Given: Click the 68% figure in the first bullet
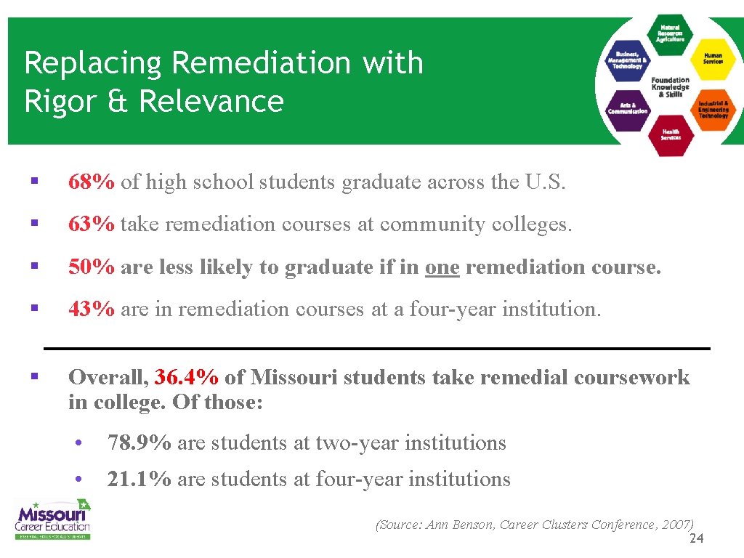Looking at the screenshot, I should tap(91, 182).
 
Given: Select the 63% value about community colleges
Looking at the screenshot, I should tap(91, 225).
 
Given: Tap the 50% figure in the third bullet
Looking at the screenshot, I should tap(91, 267).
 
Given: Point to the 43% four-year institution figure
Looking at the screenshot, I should tap(91, 310).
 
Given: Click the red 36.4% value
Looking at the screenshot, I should tap(187, 378).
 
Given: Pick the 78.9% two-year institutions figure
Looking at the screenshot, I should tap(139, 442).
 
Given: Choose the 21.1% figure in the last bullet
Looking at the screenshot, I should tap(139, 480).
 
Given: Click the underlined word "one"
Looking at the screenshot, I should tap(442, 267).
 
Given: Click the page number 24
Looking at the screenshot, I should tap(696, 538).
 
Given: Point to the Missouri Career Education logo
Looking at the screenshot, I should tap(53, 518).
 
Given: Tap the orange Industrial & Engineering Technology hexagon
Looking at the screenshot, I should tap(713, 109).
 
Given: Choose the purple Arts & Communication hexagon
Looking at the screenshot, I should tap(628, 109).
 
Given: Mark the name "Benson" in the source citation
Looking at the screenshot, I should tap(474, 525).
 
